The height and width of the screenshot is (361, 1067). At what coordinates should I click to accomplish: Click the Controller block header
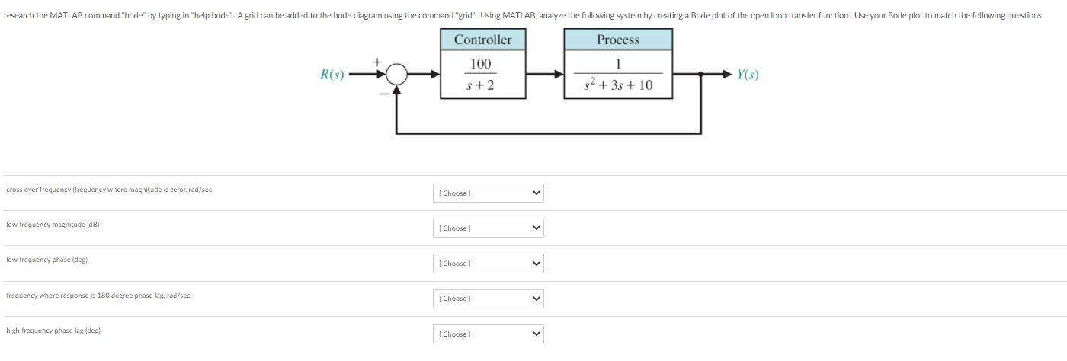(x=482, y=40)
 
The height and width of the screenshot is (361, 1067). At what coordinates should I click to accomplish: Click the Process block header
(x=617, y=40)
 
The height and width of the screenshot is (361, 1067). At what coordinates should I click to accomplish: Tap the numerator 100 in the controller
(x=481, y=64)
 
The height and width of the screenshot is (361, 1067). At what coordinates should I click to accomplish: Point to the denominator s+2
(x=480, y=85)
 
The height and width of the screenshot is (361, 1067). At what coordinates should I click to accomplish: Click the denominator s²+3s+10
(x=617, y=85)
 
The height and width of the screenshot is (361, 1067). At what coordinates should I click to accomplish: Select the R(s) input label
(x=332, y=75)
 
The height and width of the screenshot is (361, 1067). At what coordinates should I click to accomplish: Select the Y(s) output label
(x=747, y=75)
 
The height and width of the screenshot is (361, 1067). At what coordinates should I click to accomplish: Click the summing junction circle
(x=396, y=75)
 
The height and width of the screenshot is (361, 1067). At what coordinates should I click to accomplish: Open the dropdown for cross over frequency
(x=488, y=193)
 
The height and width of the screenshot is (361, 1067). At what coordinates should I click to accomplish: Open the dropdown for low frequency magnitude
(x=488, y=228)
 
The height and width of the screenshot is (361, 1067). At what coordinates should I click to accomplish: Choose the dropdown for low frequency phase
(x=488, y=264)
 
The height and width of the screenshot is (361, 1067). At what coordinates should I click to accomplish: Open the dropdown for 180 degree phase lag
(x=488, y=299)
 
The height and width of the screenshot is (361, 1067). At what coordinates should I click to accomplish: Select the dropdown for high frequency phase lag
(x=488, y=334)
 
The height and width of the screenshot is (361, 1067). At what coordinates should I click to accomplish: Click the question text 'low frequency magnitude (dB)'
(x=53, y=225)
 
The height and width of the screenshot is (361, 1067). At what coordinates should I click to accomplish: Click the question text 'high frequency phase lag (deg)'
(x=53, y=331)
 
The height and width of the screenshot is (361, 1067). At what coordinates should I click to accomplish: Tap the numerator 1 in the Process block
(x=617, y=64)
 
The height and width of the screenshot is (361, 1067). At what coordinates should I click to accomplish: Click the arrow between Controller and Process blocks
(x=545, y=75)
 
